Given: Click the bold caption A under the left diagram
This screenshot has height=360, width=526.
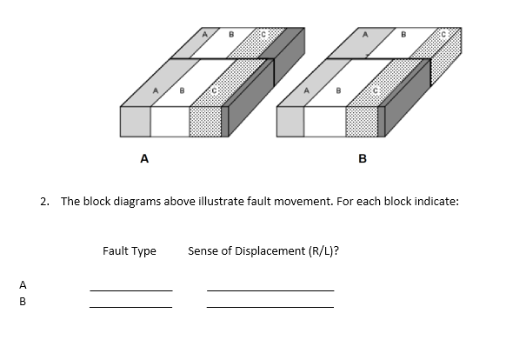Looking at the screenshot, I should pyautogui.click(x=144, y=159).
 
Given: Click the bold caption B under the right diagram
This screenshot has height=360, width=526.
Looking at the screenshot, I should pyautogui.click(x=363, y=159).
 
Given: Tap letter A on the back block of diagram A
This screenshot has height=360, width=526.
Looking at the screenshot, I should pyautogui.click(x=205, y=34).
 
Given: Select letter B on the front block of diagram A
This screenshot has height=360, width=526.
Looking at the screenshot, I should pyautogui.click(x=182, y=90).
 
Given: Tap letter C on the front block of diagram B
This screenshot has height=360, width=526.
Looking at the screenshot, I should pyautogui.click(x=376, y=90).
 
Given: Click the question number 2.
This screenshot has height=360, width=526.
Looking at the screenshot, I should pyautogui.click(x=44, y=201).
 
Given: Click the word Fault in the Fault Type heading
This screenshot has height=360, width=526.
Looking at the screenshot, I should pyautogui.click(x=116, y=251).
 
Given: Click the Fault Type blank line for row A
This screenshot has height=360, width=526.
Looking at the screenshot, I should pyautogui.click(x=130, y=290).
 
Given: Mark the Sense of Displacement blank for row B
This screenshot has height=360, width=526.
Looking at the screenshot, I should pyautogui.click(x=270, y=306).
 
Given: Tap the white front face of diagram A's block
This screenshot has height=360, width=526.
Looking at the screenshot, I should pyautogui.click(x=170, y=123).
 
